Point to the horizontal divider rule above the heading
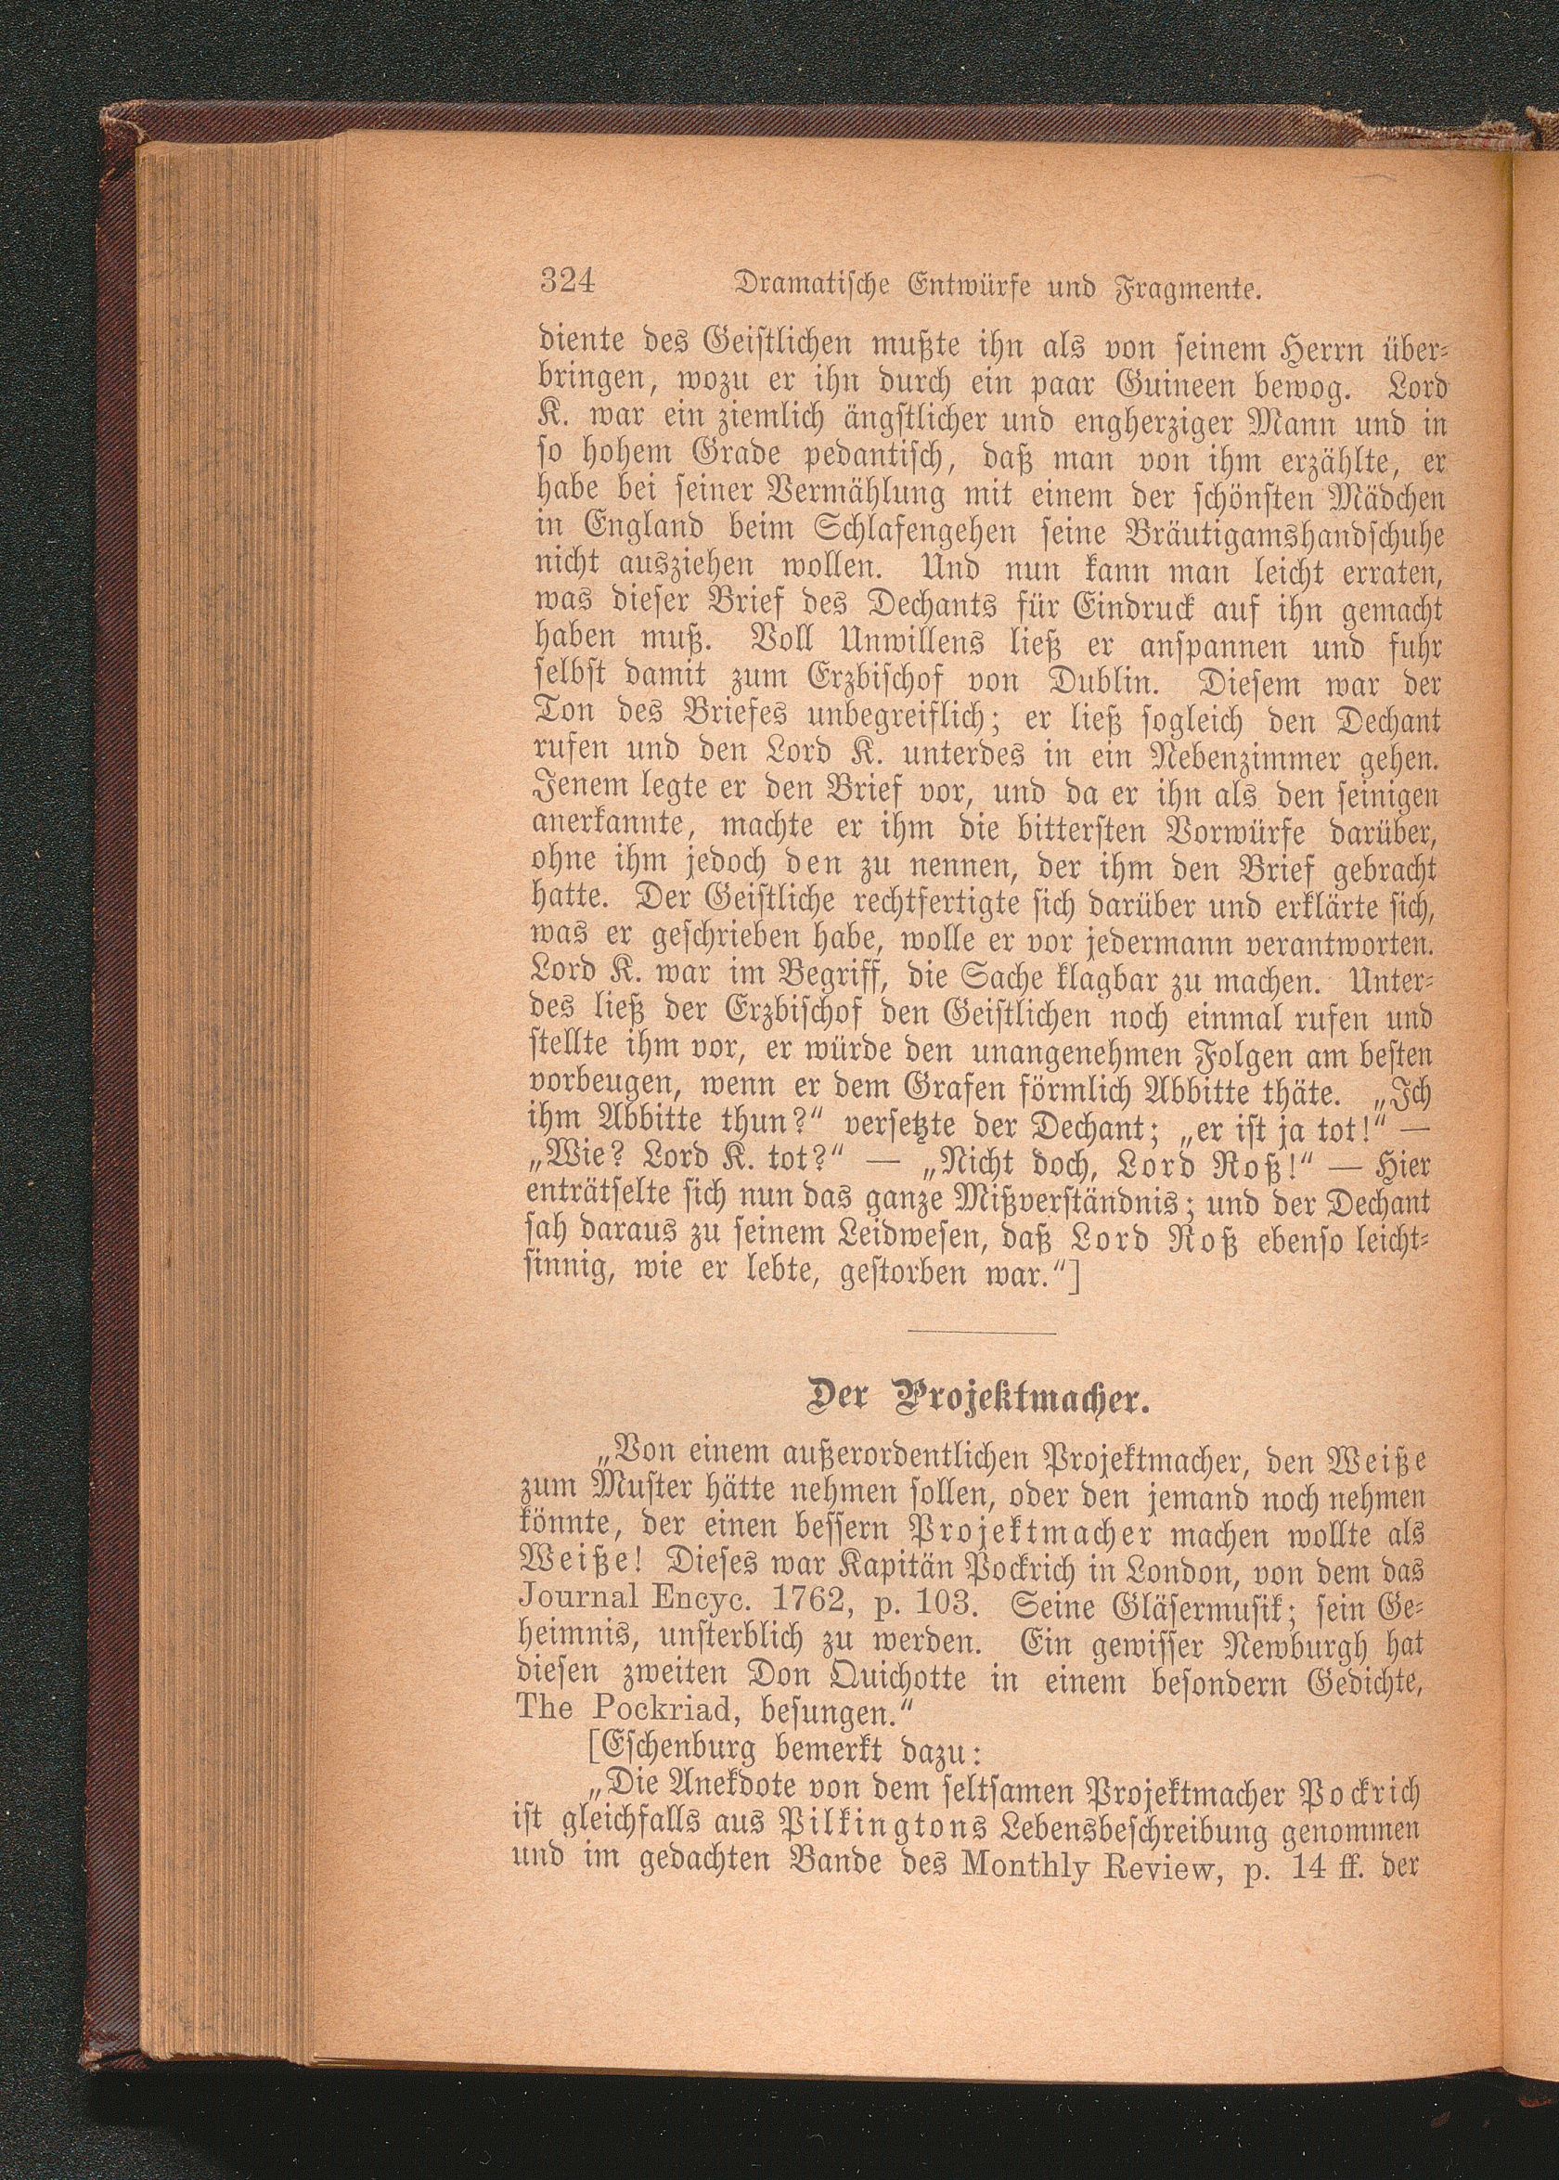click(981, 1332)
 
